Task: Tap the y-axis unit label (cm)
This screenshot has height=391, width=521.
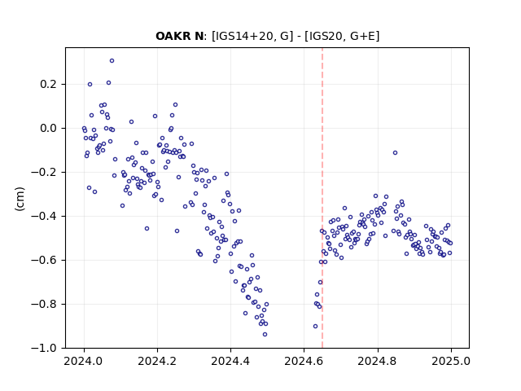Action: point(20,199)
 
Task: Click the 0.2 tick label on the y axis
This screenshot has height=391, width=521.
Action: point(48,85)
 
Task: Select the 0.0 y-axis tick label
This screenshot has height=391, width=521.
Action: point(48,129)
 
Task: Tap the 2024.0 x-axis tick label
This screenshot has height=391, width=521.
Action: point(83,361)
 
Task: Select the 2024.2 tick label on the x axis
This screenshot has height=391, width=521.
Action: point(157,361)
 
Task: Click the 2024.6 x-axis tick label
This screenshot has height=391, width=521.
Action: point(304,361)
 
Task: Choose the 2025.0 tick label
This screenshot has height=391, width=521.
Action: point(451,361)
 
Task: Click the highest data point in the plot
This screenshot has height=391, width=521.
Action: point(112,61)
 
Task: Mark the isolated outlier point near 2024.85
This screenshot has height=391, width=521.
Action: point(395,153)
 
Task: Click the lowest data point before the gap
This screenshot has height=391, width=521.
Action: point(265,335)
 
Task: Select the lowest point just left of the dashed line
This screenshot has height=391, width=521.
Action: point(315,327)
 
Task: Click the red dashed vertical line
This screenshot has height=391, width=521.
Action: point(322,198)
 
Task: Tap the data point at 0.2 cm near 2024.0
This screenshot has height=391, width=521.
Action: point(90,85)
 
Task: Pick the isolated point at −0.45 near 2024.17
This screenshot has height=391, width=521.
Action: point(147,228)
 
